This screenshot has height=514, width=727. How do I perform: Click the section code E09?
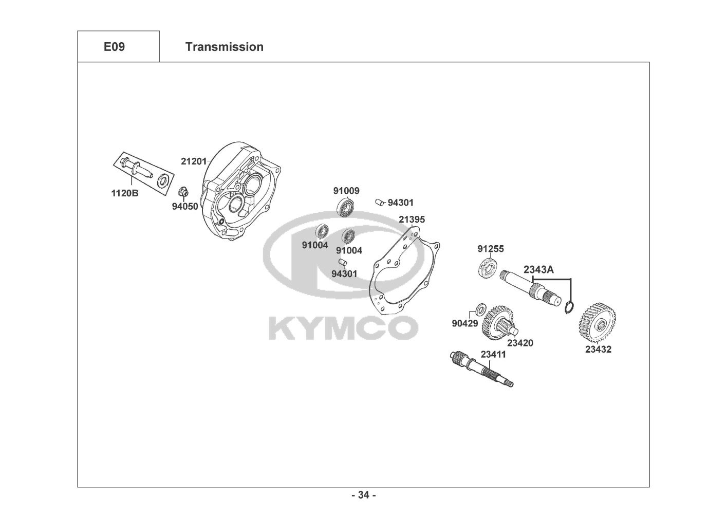pos(114,47)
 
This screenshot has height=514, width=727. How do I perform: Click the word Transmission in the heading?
pos(224,47)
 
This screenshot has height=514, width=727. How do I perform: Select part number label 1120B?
pos(125,193)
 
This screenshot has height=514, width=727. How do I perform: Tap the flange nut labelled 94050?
pos(183,193)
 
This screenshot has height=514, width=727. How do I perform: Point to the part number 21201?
pos(194,161)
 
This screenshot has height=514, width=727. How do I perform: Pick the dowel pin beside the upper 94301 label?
pos(380,202)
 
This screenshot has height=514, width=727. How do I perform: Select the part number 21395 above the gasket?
pos(412,219)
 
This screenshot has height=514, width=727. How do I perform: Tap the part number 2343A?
pos(538,269)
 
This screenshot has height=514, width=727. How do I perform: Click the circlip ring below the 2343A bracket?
pos(569,307)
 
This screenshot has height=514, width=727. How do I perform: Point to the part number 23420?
pos(520,343)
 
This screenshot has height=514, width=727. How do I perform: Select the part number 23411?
pos(493,354)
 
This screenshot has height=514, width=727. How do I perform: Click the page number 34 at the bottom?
pos(363,495)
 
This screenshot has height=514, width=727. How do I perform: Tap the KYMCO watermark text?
pos(343,327)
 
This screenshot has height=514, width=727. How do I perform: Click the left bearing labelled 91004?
pos(322,231)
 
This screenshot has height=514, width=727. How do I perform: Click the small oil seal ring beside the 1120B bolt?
pos(164,180)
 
